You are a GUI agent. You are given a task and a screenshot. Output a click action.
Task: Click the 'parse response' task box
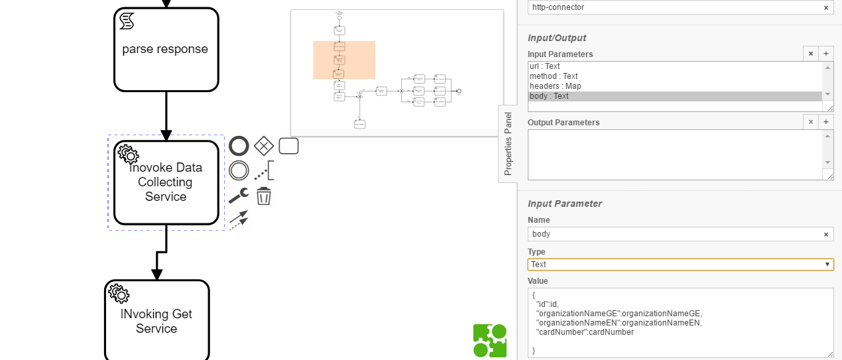166,50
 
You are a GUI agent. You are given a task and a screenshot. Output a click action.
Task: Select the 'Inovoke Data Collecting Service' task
166,182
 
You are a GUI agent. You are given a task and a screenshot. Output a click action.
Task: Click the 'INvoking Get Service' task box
156,321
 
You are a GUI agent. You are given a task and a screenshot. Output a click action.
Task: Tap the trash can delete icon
264,196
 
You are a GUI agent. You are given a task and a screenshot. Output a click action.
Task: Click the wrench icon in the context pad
239,196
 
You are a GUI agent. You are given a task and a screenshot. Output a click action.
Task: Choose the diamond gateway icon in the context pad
264,146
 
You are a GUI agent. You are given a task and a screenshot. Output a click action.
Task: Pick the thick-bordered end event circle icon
239,146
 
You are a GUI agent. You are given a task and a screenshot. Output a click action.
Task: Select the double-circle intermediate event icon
239,171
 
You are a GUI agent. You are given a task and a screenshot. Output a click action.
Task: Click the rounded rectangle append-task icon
288,146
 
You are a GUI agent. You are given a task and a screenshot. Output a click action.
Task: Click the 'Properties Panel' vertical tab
508,143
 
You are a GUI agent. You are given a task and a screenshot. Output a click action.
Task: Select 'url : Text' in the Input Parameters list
675,66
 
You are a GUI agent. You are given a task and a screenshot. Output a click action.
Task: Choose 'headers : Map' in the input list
675,86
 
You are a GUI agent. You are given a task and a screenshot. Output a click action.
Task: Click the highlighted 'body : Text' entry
675,96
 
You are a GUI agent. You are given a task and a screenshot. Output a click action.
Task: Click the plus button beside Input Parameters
826,54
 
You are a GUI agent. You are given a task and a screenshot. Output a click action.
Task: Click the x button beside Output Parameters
810,122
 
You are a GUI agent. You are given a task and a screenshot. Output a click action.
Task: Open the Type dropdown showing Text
680,265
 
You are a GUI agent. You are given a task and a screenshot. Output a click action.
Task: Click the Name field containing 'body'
675,234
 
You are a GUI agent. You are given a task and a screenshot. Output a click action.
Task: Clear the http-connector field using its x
826,8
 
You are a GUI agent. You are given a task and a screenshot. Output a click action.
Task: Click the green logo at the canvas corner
490,341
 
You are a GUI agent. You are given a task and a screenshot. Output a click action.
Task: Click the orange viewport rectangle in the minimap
344,60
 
